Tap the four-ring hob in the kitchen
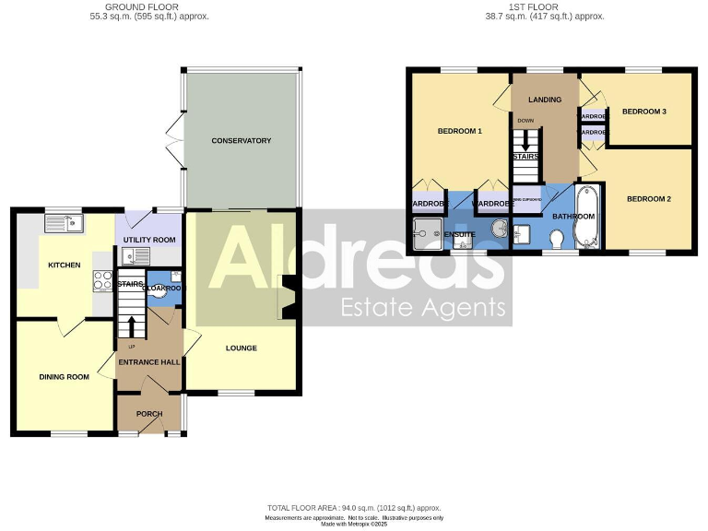tap(102, 281)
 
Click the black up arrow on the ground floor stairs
tap(131, 326)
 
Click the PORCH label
tap(148, 414)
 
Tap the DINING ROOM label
tap(64, 376)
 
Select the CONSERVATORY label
tap(241, 141)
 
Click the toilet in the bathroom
tap(556, 239)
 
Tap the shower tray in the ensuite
tap(429, 234)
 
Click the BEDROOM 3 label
tap(643, 112)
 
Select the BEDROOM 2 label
tap(650, 198)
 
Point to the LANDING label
tap(545, 100)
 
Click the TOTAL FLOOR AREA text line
tap(354, 508)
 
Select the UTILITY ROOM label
tap(148, 240)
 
